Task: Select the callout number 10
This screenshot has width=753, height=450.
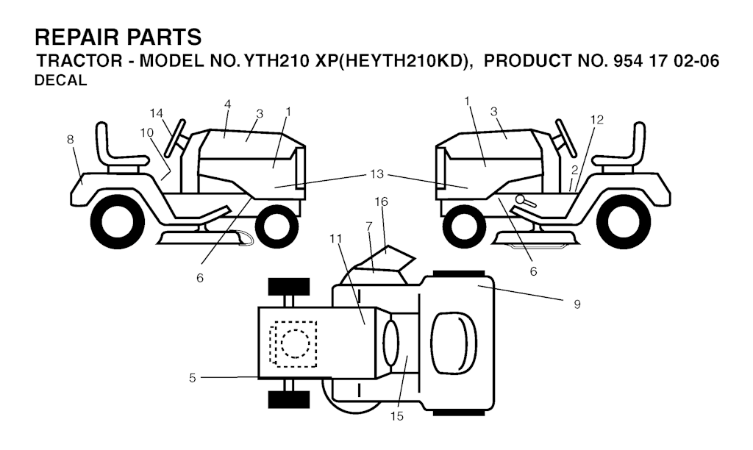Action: tap(147, 132)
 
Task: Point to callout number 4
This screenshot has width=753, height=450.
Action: tap(228, 104)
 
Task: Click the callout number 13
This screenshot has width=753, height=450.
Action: tap(377, 174)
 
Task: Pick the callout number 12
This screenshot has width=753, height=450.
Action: tap(597, 120)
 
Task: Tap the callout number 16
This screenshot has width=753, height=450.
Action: tap(381, 201)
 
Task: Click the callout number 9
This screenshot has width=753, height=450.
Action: tap(577, 303)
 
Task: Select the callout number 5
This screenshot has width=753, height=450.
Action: tap(192, 378)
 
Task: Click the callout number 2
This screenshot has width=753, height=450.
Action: tap(574, 171)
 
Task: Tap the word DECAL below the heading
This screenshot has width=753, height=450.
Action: tap(61, 82)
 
